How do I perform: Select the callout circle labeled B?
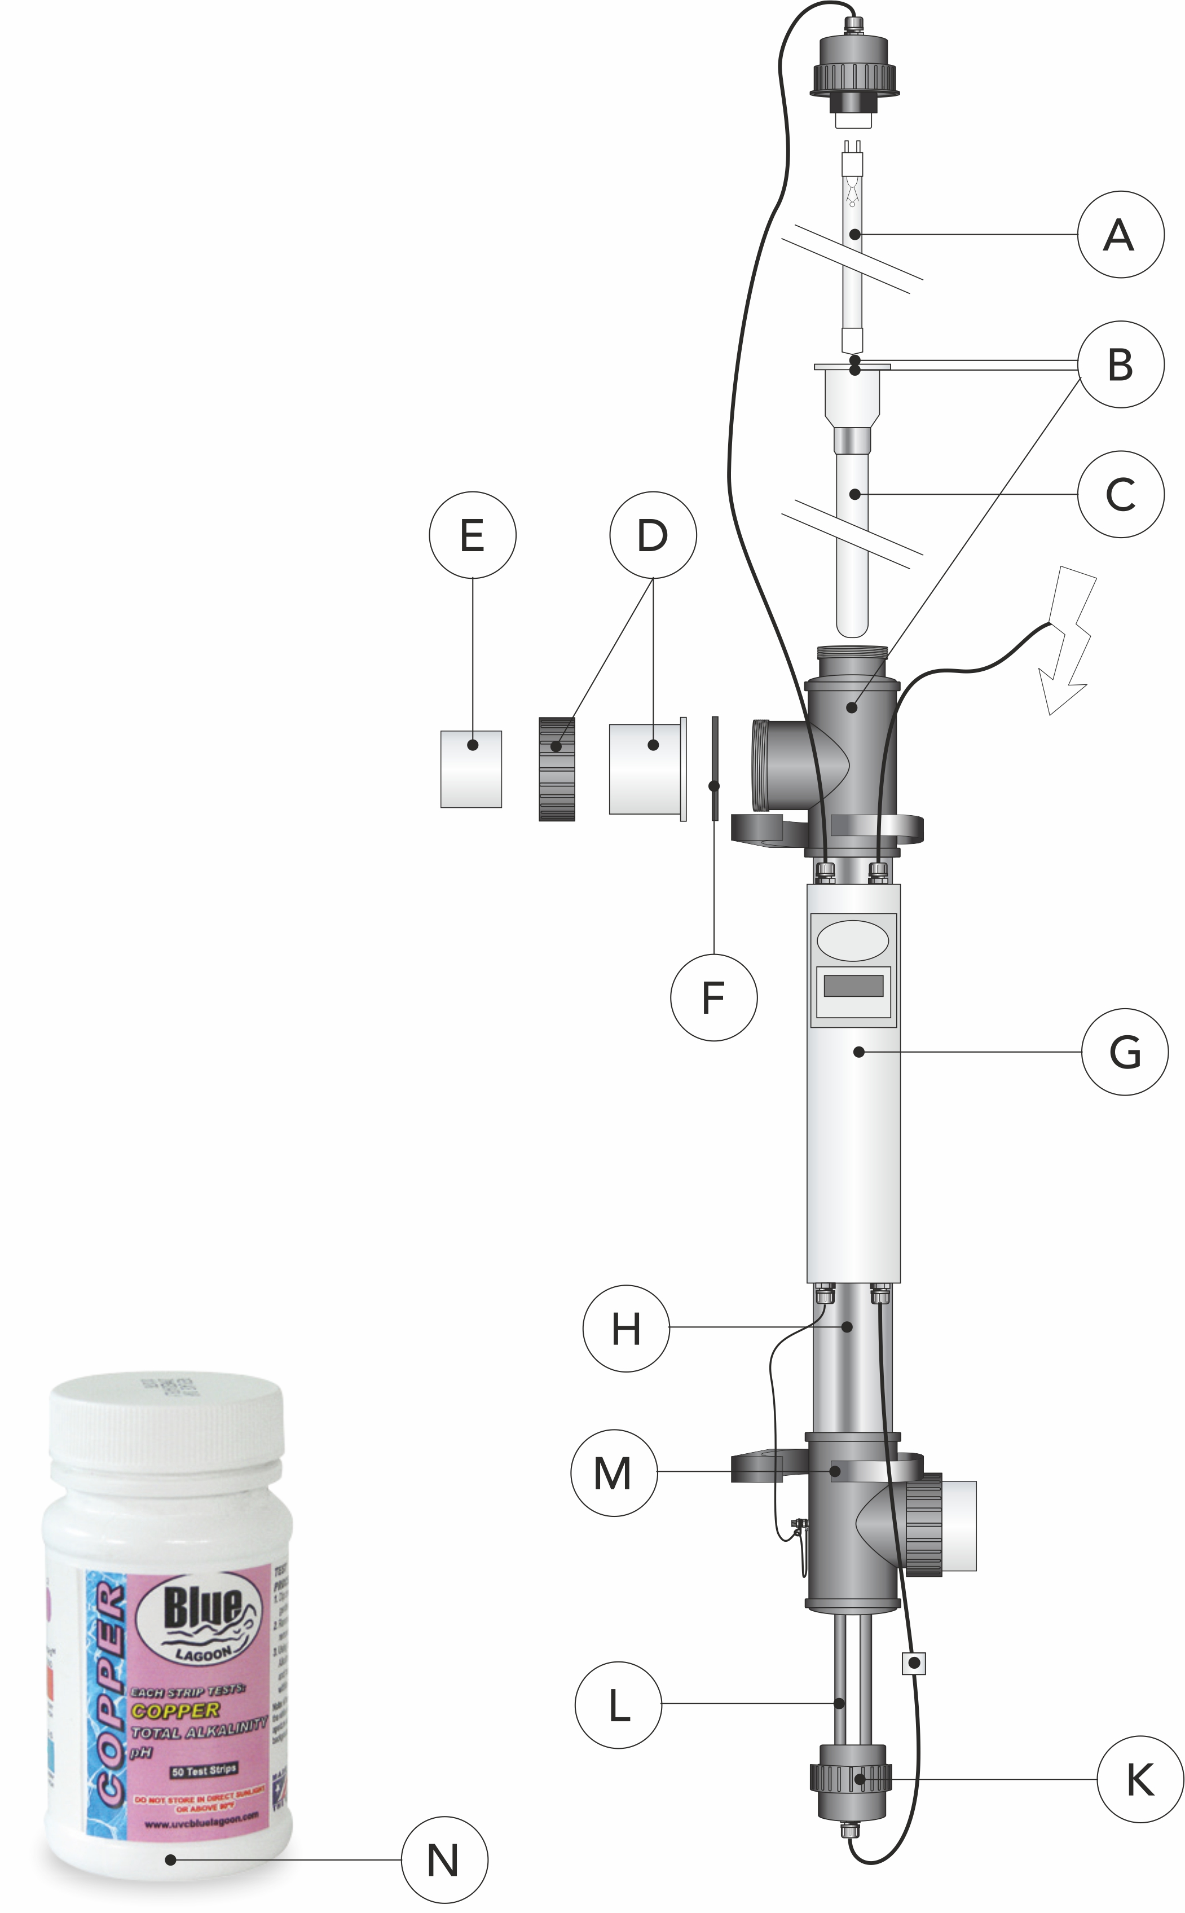pos(1120,364)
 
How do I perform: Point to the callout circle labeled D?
pos(653,535)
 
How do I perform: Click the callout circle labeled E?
pos(473,535)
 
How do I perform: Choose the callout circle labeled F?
pos(713,997)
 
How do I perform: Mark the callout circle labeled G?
pos(1124,1052)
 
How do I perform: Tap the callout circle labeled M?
pos(614,1472)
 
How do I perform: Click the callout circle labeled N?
pos(444,1860)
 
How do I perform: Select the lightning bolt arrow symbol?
pos(1068,643)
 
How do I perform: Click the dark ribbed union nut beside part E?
pos(557,769)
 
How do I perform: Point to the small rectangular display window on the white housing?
pos(853,985)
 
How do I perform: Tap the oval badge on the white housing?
pos(853,940)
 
